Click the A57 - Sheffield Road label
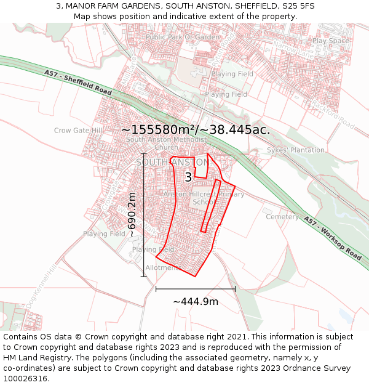pyautogui.click(x=77, y=81)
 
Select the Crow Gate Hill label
pyautogui.click(x=78, y=131)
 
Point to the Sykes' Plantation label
pyautogui.click(x=295, y=150)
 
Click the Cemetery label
pyautogui.click(x=282, y=217)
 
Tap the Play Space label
pyautogui.click(x=330, y=41)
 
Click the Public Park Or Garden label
pyautogui.click(x=183, y=38)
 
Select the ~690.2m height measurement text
pyautogui.click(x=132, y=214)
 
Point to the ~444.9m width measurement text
pyautogui.click(x=196, y=302)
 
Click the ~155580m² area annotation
pyautogui.click(x=196, y=130)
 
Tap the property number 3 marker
pyautogui.click(x=188, y=177)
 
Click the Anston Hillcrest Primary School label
pyautogui.click(x=204, y=198)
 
